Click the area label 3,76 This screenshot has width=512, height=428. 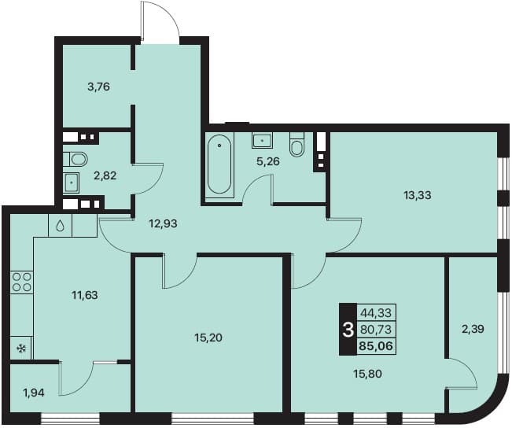click(x=98, y=87)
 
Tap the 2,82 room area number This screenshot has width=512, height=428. click(x=105, y=175)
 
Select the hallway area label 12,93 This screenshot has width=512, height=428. click(x=163, y=223)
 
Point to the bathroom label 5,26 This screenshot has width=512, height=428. click(x=268, y=161)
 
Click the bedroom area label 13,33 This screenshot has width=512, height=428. click(x=418, y=195)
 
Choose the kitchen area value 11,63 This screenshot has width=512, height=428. click(x=85, y=295)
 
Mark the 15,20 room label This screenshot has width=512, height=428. click(x=208, y=338)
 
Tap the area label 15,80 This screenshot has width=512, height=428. click(x=367, y=374)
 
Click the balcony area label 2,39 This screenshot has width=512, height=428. click(x=473, y=329)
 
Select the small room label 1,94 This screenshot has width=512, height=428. click(x=34, y=393)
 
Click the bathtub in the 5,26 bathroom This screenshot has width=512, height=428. click(x=219, y=164)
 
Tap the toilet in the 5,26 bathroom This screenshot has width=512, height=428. click(x=297, y=144)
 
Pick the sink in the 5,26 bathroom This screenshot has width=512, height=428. click(x=262, y=141)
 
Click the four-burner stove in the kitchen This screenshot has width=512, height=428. click(x=21, y=282)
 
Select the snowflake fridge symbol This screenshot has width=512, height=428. click(x=21, y=349)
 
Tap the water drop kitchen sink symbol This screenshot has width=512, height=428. click(x=60, y=226)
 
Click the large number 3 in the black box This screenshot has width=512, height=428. click(x=348, y=330)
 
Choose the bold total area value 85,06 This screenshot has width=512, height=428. click(x=376, y=345)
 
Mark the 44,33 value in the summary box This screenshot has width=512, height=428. click(x=376, y=313)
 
